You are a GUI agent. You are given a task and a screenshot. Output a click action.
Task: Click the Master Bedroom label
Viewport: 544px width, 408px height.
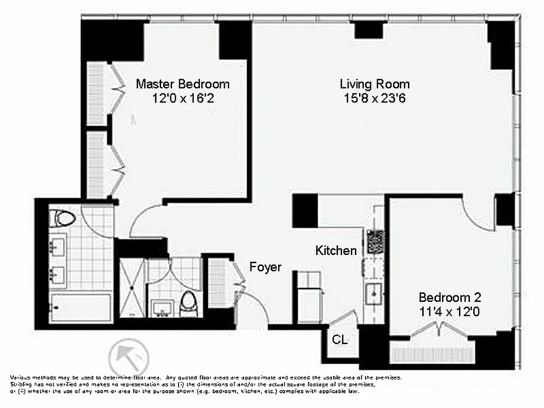click(183, 84)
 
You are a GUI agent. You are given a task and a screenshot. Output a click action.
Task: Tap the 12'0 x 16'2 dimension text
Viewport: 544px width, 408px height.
click(183, 98)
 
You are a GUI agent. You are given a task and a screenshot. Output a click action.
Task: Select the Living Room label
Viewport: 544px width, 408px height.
click(375, 84)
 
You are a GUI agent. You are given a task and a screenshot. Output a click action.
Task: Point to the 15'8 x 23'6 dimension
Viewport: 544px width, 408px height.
click(375, 98)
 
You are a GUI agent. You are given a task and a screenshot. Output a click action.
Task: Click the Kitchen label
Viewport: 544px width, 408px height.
click(335, 250)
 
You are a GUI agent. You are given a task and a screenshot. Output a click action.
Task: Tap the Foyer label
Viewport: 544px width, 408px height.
click(265, 267)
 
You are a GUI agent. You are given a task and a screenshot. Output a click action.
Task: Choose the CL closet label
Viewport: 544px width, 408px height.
click(340, 340)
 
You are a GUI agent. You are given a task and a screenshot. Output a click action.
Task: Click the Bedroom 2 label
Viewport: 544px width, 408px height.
click(450, 297)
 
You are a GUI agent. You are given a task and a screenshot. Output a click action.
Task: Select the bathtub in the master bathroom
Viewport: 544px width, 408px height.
click(82, 307)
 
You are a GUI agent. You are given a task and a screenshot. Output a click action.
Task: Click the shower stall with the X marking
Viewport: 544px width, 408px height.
click(132, 288)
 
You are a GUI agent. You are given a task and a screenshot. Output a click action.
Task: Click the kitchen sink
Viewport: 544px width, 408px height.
click(375, 292)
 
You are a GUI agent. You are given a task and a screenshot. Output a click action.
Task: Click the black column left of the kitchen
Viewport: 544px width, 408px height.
click(305, 211)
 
